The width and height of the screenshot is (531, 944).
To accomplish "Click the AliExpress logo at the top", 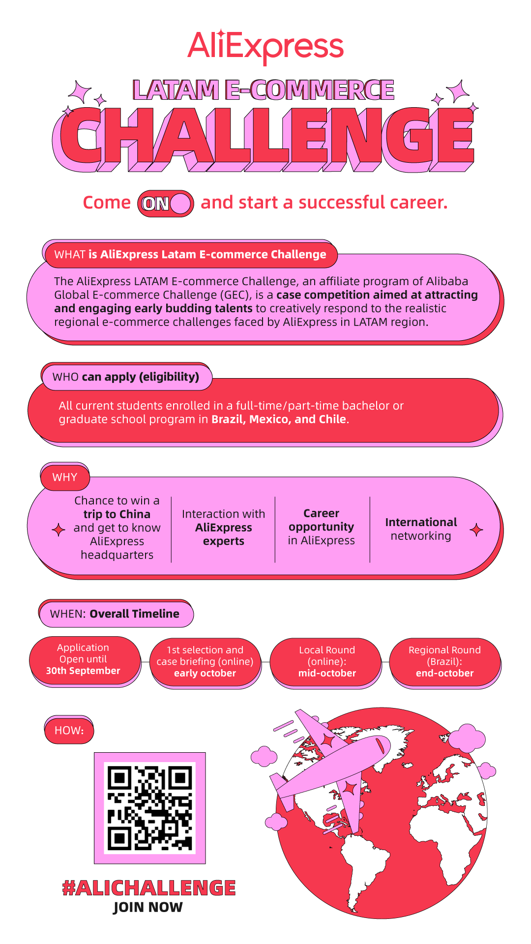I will pos(265,47).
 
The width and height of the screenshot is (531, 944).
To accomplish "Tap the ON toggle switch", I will pos(166,204).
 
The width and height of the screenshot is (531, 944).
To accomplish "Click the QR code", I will pos(149,808).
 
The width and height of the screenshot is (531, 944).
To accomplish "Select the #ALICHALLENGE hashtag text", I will pos(149,887).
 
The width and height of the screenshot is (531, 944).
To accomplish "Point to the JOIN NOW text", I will pos(148,907).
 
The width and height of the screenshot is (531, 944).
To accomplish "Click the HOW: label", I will pos(69,730).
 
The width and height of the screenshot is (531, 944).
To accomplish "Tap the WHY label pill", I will pos(65,477).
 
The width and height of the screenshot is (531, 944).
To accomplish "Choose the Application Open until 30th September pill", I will pos(84,659).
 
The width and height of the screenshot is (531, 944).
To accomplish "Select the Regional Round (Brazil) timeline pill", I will pos(444,661).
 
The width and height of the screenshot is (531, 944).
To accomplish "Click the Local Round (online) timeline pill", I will pos(327,661).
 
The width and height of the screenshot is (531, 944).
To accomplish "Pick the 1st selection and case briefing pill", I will pos(205,661).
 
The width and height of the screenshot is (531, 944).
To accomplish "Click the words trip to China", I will pos(117,514).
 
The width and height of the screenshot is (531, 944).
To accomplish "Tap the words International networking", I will pos(421,529).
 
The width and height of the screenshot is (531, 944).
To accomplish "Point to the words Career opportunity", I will pos(322,520).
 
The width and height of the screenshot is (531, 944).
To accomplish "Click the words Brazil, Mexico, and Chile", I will pos(279,419).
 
